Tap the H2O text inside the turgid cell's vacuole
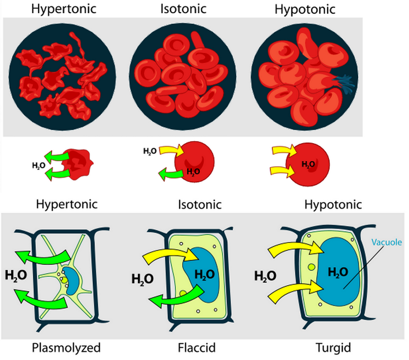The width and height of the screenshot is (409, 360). click(337, 272)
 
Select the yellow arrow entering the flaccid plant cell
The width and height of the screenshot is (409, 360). click(164, 253)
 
